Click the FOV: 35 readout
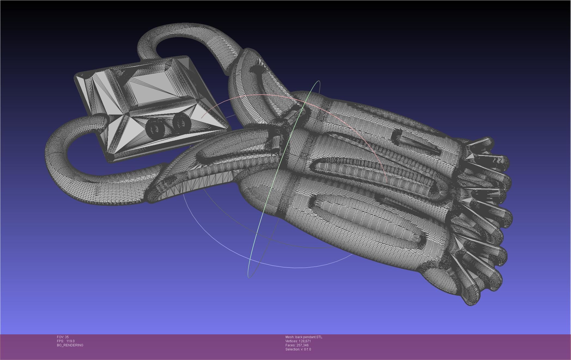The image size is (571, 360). pyautogui.click(x=63, y=337)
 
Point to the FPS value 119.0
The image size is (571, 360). pyautogui.click(x=70, y=341)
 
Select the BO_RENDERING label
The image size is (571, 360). pyautogui.click(x=70, y=345)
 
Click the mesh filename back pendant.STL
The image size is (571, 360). pyautogui.click(x=309, y=337)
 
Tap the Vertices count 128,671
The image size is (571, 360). pyautogui.click(x=305, y=341)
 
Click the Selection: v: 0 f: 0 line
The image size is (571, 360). pyautogui.click(x=298, y=349)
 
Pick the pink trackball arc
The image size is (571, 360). pyautogui.click(x=272, y=95)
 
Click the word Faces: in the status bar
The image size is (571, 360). pyautogui.click(x=290, y=345)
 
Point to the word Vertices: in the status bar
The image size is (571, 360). pyautogui.click(x=292, y=341)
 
